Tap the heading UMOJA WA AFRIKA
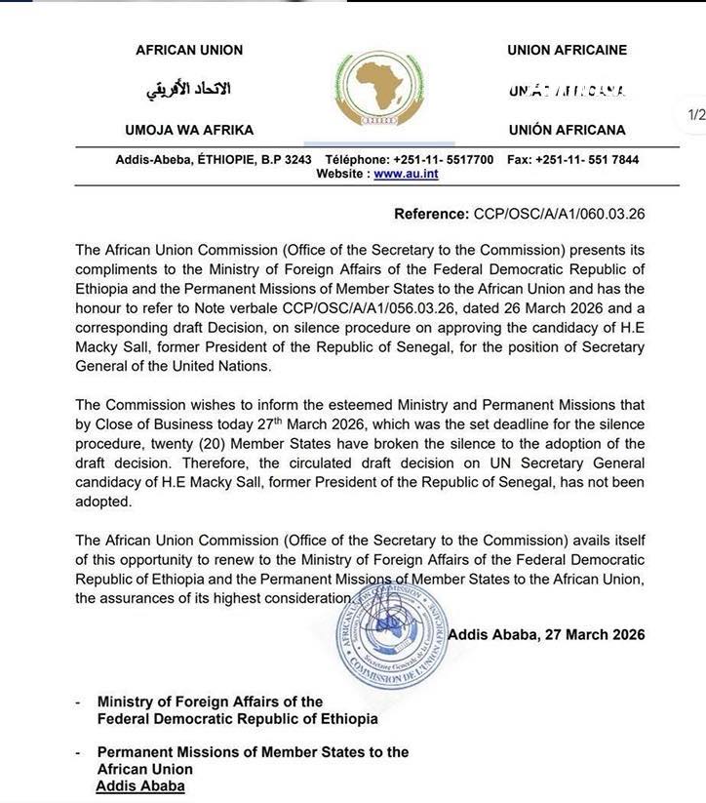189,130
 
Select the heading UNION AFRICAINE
567,50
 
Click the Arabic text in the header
188,90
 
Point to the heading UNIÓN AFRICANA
567,130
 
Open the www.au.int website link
406,174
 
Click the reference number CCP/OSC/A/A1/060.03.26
559,214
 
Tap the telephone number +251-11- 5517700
443,159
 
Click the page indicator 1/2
696,114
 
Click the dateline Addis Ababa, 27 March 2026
546,634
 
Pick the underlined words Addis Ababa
139,786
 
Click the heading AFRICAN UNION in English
189,50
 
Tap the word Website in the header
341,174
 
